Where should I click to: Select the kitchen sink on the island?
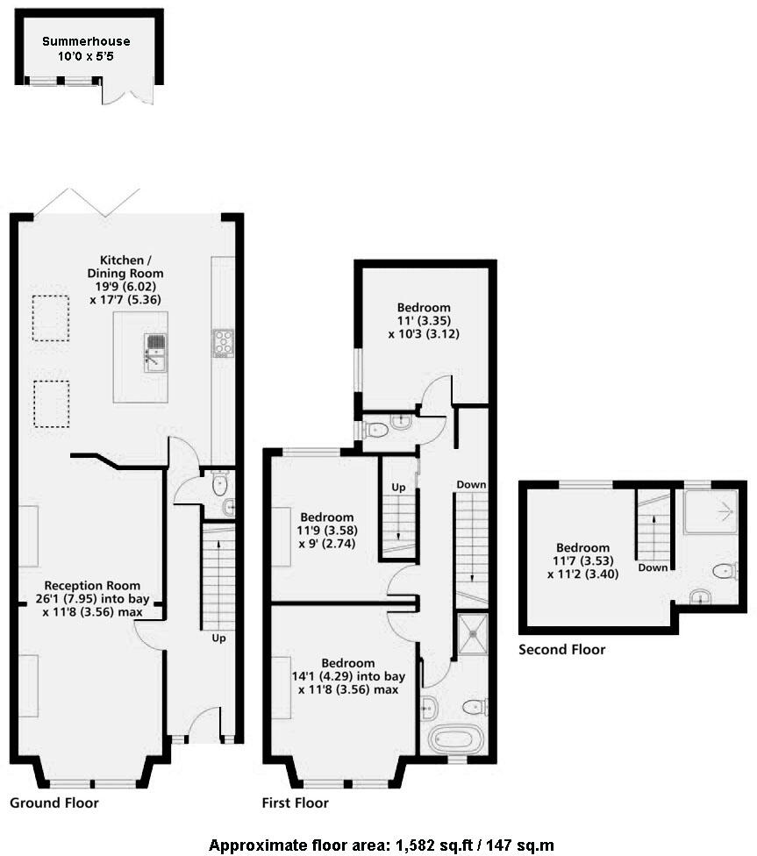pos(155,351)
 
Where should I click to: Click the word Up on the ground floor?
pos(218,638)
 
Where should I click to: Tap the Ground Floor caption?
pos(54,802)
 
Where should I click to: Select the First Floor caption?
pos(296,802)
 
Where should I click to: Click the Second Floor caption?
pos(561,650)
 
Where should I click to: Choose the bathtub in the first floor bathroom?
pos(454,740)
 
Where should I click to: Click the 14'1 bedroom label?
pos(347,676)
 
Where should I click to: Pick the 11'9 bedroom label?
pos(326,531)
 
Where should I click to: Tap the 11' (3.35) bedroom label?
pos(424,320)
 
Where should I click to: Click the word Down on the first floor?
pos(470,484)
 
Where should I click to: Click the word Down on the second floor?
pos(653,567)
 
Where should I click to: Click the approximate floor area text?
pos(381,845)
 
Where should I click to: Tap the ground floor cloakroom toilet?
pos(220,484)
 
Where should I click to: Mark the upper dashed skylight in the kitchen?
pos(52,317)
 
